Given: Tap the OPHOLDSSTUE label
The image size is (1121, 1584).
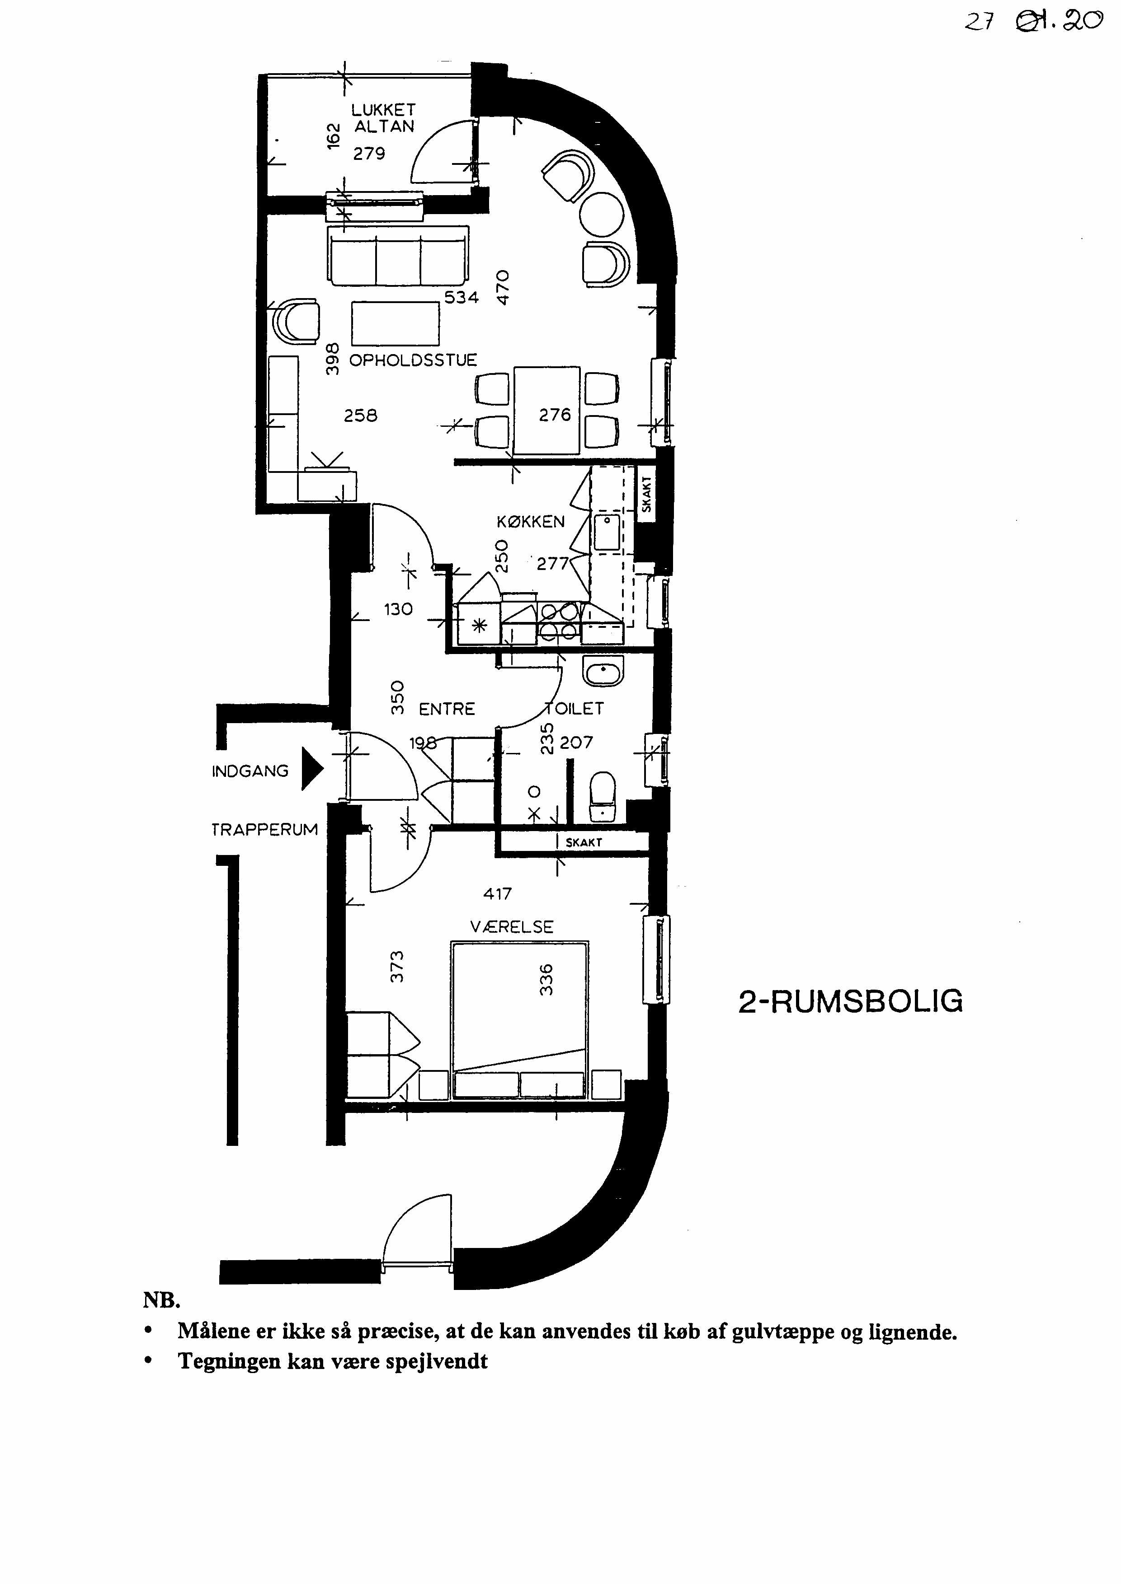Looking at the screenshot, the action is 413,360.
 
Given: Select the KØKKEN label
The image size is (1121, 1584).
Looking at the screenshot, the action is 530,522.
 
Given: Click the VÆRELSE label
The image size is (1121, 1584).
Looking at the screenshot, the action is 512,926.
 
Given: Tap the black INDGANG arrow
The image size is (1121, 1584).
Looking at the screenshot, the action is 313,771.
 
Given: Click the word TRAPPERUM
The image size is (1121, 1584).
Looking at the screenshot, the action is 264,830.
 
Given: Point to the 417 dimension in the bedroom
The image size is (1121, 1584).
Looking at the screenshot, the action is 497,894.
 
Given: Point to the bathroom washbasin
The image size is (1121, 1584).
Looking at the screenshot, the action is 604,671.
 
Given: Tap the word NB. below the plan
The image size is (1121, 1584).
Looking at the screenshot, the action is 161,1301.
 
